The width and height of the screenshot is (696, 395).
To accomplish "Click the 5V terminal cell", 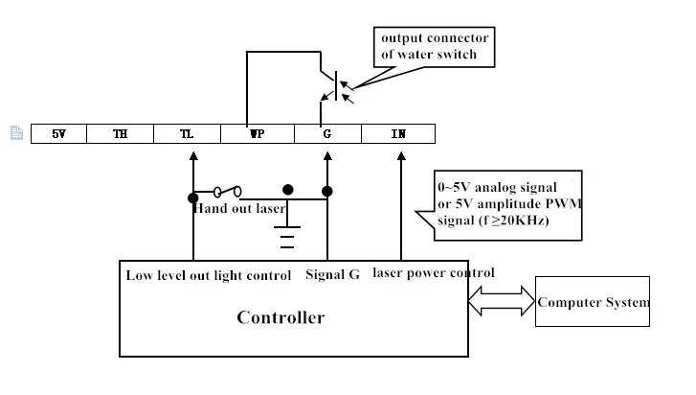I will [x=58, y=134].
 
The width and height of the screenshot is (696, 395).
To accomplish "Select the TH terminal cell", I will [x=120, y=134].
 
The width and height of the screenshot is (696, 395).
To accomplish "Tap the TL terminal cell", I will [x=187, y=134].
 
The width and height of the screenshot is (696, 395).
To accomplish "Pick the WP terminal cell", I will [x=257, y=134].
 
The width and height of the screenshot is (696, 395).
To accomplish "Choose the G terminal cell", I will [x=327, y=134].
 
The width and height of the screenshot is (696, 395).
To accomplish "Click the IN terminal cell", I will [x=398, y=134].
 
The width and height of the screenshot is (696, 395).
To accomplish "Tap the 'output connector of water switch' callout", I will [x=436, y=46].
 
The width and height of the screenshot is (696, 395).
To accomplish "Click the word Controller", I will [x=281, y=317].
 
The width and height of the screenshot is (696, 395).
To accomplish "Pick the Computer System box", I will [x=593, y=302].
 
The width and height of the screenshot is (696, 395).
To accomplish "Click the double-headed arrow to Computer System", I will [x=503, y=302].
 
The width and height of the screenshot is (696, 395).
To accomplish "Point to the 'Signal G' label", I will [x=332, y=275].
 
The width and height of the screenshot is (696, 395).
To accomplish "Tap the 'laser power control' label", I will [x=433, y=273].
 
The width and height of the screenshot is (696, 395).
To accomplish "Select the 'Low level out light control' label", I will [x=208, y=275].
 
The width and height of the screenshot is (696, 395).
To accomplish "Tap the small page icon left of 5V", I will [x=16, y=133].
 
